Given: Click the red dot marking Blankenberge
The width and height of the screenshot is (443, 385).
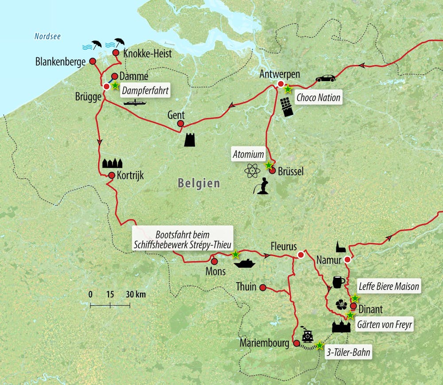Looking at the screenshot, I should (93, 61).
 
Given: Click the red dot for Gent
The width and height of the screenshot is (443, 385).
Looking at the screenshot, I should (180, 124).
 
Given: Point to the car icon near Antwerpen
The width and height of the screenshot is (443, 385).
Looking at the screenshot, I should (325, 78).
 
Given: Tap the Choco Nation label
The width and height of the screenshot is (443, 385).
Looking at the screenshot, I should (319, 97).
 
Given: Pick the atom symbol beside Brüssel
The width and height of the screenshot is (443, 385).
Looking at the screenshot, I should (253, 171).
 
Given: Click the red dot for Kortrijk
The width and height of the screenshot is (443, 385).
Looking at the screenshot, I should (112, 175).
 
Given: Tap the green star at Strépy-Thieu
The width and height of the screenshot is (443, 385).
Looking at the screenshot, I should (235, 255).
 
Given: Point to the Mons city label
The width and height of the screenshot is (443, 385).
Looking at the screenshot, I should (216, 271).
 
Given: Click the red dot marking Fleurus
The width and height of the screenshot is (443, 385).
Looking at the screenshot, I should (301, 255).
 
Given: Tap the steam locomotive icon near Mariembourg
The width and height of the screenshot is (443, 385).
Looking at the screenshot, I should (307, 337).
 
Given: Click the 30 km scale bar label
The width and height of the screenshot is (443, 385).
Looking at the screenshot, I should (136, 294).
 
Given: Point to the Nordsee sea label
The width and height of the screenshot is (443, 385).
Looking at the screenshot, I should (47, 36).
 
